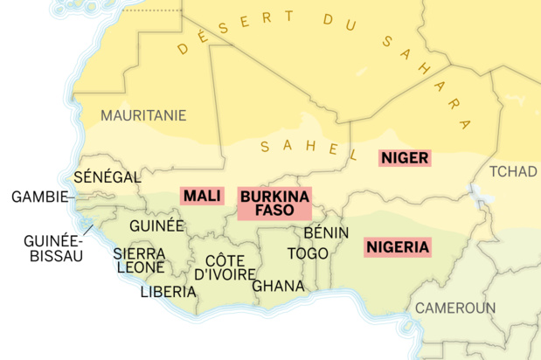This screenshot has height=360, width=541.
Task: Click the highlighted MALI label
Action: (201, 196)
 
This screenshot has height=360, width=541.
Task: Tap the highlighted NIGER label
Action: (404, 158)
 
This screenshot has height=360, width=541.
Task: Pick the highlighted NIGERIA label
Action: (398, 247)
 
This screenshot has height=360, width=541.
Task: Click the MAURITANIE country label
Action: (143, 115)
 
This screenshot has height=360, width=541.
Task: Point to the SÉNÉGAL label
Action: (107, 177)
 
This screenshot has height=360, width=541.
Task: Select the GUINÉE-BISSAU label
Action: (53, 248)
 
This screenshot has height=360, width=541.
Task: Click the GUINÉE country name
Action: (156, 225)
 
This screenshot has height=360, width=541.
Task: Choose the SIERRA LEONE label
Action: (139, 260)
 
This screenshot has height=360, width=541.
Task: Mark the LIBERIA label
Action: (168, 292)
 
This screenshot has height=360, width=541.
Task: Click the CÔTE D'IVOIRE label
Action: (225, 267)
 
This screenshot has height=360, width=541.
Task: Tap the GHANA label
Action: (278, 286)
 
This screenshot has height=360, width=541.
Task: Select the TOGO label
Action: (308, 253)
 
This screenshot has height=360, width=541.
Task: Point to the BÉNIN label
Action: (326, 232)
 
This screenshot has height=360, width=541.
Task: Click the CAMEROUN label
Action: (454, 308)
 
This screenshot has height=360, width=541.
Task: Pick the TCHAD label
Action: (512, 170)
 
